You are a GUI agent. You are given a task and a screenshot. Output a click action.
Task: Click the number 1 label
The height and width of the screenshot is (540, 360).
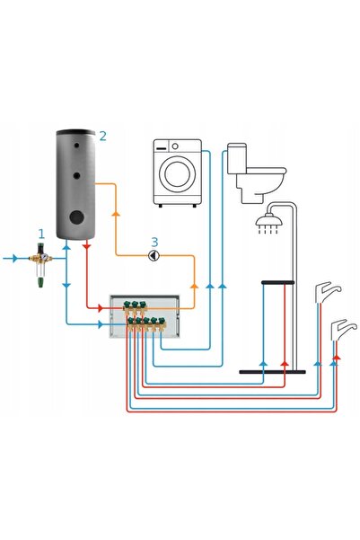click(41, 235)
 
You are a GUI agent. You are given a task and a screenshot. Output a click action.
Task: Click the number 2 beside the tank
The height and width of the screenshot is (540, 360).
click(102, 137)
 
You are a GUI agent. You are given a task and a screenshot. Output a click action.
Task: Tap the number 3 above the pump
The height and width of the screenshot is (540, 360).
click(154, 242)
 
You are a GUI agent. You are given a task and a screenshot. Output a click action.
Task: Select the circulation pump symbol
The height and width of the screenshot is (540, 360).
click(154, 255)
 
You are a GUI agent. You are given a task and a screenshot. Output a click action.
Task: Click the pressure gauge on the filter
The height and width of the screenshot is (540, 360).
click(44, 257)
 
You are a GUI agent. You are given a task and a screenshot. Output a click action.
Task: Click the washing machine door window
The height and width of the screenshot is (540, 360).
click(176, 173)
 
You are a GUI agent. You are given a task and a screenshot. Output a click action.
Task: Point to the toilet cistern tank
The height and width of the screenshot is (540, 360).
click(237, 158)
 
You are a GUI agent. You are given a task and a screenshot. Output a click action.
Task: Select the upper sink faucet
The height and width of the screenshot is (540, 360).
click(328, 292)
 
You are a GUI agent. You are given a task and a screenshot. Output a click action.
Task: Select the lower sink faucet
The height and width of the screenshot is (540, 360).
click(344, 329)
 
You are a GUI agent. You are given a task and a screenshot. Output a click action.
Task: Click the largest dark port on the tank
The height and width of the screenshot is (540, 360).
click(76, 217)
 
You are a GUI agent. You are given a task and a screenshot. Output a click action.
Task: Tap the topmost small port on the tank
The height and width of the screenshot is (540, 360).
click(75, 146)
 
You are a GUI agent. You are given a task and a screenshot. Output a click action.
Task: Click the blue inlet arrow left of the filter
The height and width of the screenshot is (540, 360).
click(14, 258)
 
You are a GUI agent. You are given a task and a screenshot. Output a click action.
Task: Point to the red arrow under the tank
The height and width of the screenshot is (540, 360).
click(86, 246)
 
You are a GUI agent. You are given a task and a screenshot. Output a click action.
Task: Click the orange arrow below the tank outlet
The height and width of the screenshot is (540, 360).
click(116, 213)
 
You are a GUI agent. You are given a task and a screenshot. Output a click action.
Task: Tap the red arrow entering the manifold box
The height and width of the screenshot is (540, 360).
click(101, 308)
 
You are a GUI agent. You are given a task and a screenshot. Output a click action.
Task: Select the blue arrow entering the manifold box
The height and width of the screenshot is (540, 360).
click(101, 324)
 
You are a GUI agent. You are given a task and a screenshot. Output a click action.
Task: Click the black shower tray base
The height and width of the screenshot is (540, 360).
click(272, 372)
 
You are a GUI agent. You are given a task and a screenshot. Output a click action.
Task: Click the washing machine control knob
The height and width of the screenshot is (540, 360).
click(175, 146)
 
